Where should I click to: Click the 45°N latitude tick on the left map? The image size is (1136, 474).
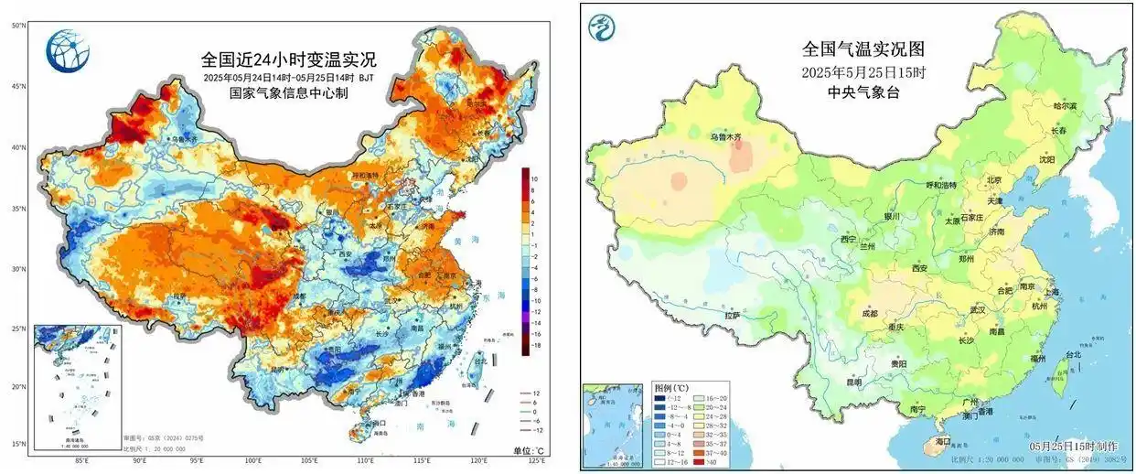point(16,86)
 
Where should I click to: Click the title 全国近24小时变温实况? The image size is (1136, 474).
point(289,60)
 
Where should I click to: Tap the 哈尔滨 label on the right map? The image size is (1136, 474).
point(1066,106)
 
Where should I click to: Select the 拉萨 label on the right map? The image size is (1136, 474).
point(731,316)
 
